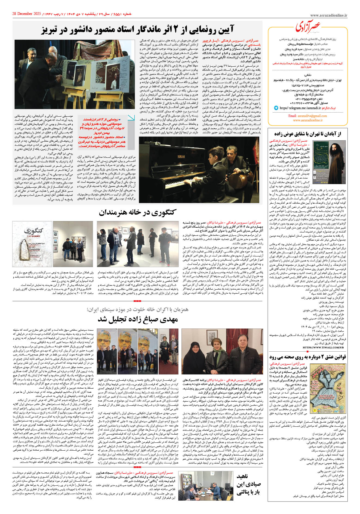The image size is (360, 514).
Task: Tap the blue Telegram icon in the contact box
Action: pyautogui.click(x=276, y=108)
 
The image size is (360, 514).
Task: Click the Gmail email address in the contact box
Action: pyautogui.click(x=307, y=116)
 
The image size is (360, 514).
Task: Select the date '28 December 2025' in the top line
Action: pyautogui.click(x=26, y=14)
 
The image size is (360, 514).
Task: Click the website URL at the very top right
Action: pyautogui.click(x=329, y=16)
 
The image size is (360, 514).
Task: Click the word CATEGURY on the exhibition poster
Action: pyautogui.click(x=33, y=236)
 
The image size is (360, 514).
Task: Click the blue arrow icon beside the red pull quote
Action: pyautogui.click(x=131, y=117)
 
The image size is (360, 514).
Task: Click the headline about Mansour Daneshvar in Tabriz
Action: pyautogui.click(x=137, y=29)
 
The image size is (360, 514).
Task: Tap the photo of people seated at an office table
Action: pyautogui.click(x=206, y=486)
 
